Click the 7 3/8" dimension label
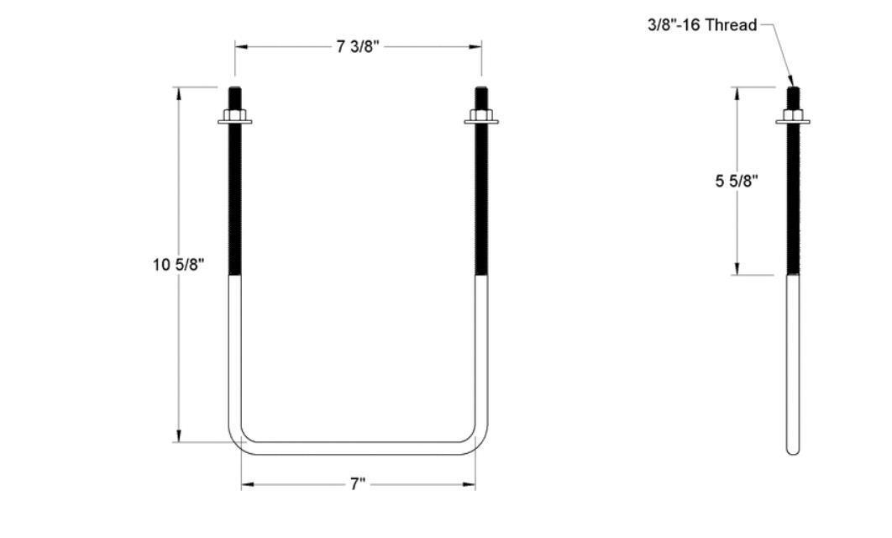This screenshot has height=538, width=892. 358,47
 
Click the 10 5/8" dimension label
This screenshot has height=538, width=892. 178,264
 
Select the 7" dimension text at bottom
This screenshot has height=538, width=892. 358,485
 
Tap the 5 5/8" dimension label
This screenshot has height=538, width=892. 737,181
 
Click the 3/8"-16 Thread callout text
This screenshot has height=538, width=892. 701,24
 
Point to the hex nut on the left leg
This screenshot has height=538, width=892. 234,116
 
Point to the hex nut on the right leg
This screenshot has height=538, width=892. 481,116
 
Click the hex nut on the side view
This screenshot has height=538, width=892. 793,116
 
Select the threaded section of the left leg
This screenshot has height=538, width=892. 235,202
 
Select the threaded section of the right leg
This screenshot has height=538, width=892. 481,202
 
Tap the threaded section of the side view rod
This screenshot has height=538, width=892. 793,202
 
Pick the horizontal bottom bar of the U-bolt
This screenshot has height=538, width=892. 358,448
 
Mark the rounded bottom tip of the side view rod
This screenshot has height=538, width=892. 793,451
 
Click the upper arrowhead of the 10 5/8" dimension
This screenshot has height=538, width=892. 178,93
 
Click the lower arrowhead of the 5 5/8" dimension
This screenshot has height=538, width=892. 737,268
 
